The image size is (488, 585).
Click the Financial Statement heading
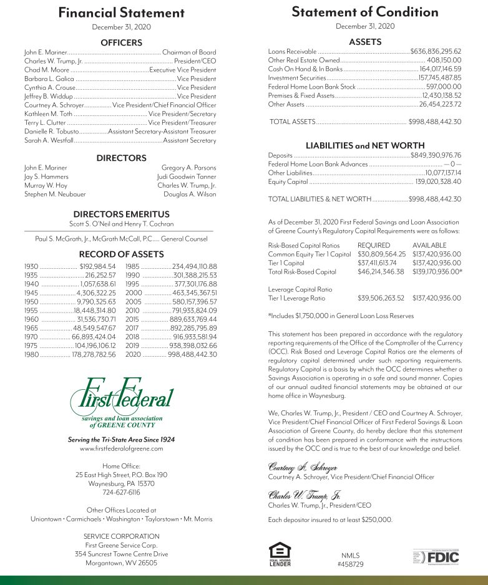click(121, 13)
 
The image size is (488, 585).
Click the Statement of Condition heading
click(364, 12)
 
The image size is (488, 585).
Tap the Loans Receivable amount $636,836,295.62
click(436, 51)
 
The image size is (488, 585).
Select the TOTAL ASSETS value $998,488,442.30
click(435, 122)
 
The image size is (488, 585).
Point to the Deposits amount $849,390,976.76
click(436, 155)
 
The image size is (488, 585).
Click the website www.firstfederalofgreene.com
click(121, 449)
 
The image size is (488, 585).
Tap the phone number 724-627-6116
click(121, 491)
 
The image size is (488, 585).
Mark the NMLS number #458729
click(350, 564)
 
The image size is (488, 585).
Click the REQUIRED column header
click(374, 246)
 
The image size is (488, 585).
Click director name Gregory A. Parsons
click(188, 168)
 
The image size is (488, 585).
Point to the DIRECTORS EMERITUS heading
click(121, 214)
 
